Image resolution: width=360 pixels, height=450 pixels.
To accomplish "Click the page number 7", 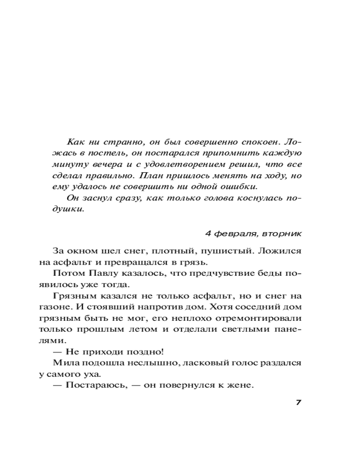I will (x=298, y=402).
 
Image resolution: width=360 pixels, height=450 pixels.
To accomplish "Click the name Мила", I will (x=64, y=362).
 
